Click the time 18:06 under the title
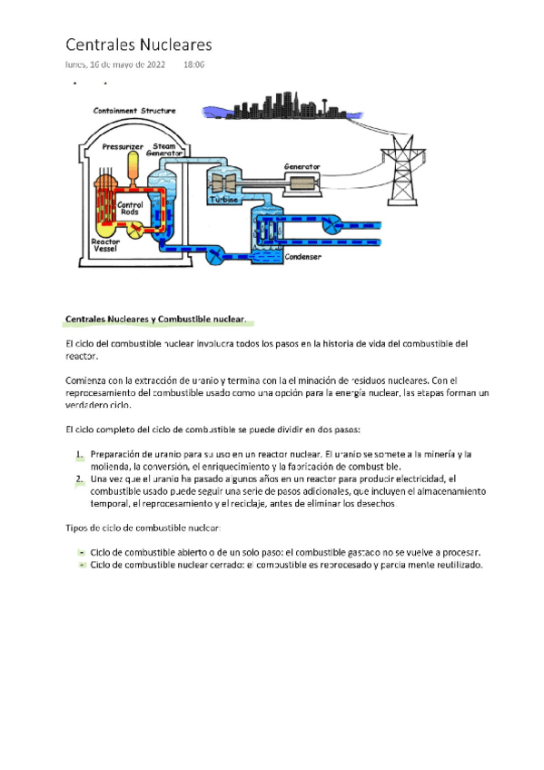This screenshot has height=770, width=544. [x=193, y=65]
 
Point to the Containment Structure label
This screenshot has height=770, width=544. [x=135, y=111]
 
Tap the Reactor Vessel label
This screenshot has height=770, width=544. [x=106, y=245]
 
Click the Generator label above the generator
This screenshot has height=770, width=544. [x=302, y=166]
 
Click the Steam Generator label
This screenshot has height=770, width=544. [x=166, y=149]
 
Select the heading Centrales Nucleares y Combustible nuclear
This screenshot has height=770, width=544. [x=154, y=319]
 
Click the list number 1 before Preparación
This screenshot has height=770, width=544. [x=79, y=453]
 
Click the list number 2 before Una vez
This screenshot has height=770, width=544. [x=79, y=478]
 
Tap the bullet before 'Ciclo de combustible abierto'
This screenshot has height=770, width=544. [x=82, y=552]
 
